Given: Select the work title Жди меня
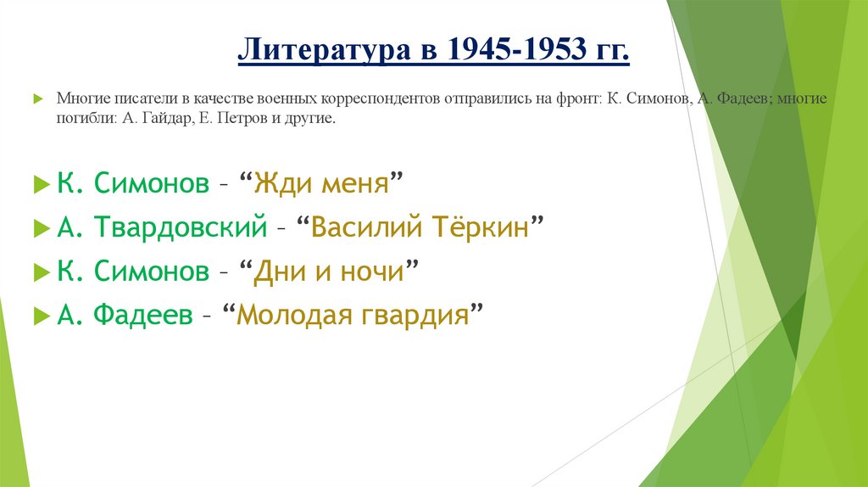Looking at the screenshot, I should click(x=320, y=183).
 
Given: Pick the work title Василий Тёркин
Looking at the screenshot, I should click(x=420, y=227).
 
